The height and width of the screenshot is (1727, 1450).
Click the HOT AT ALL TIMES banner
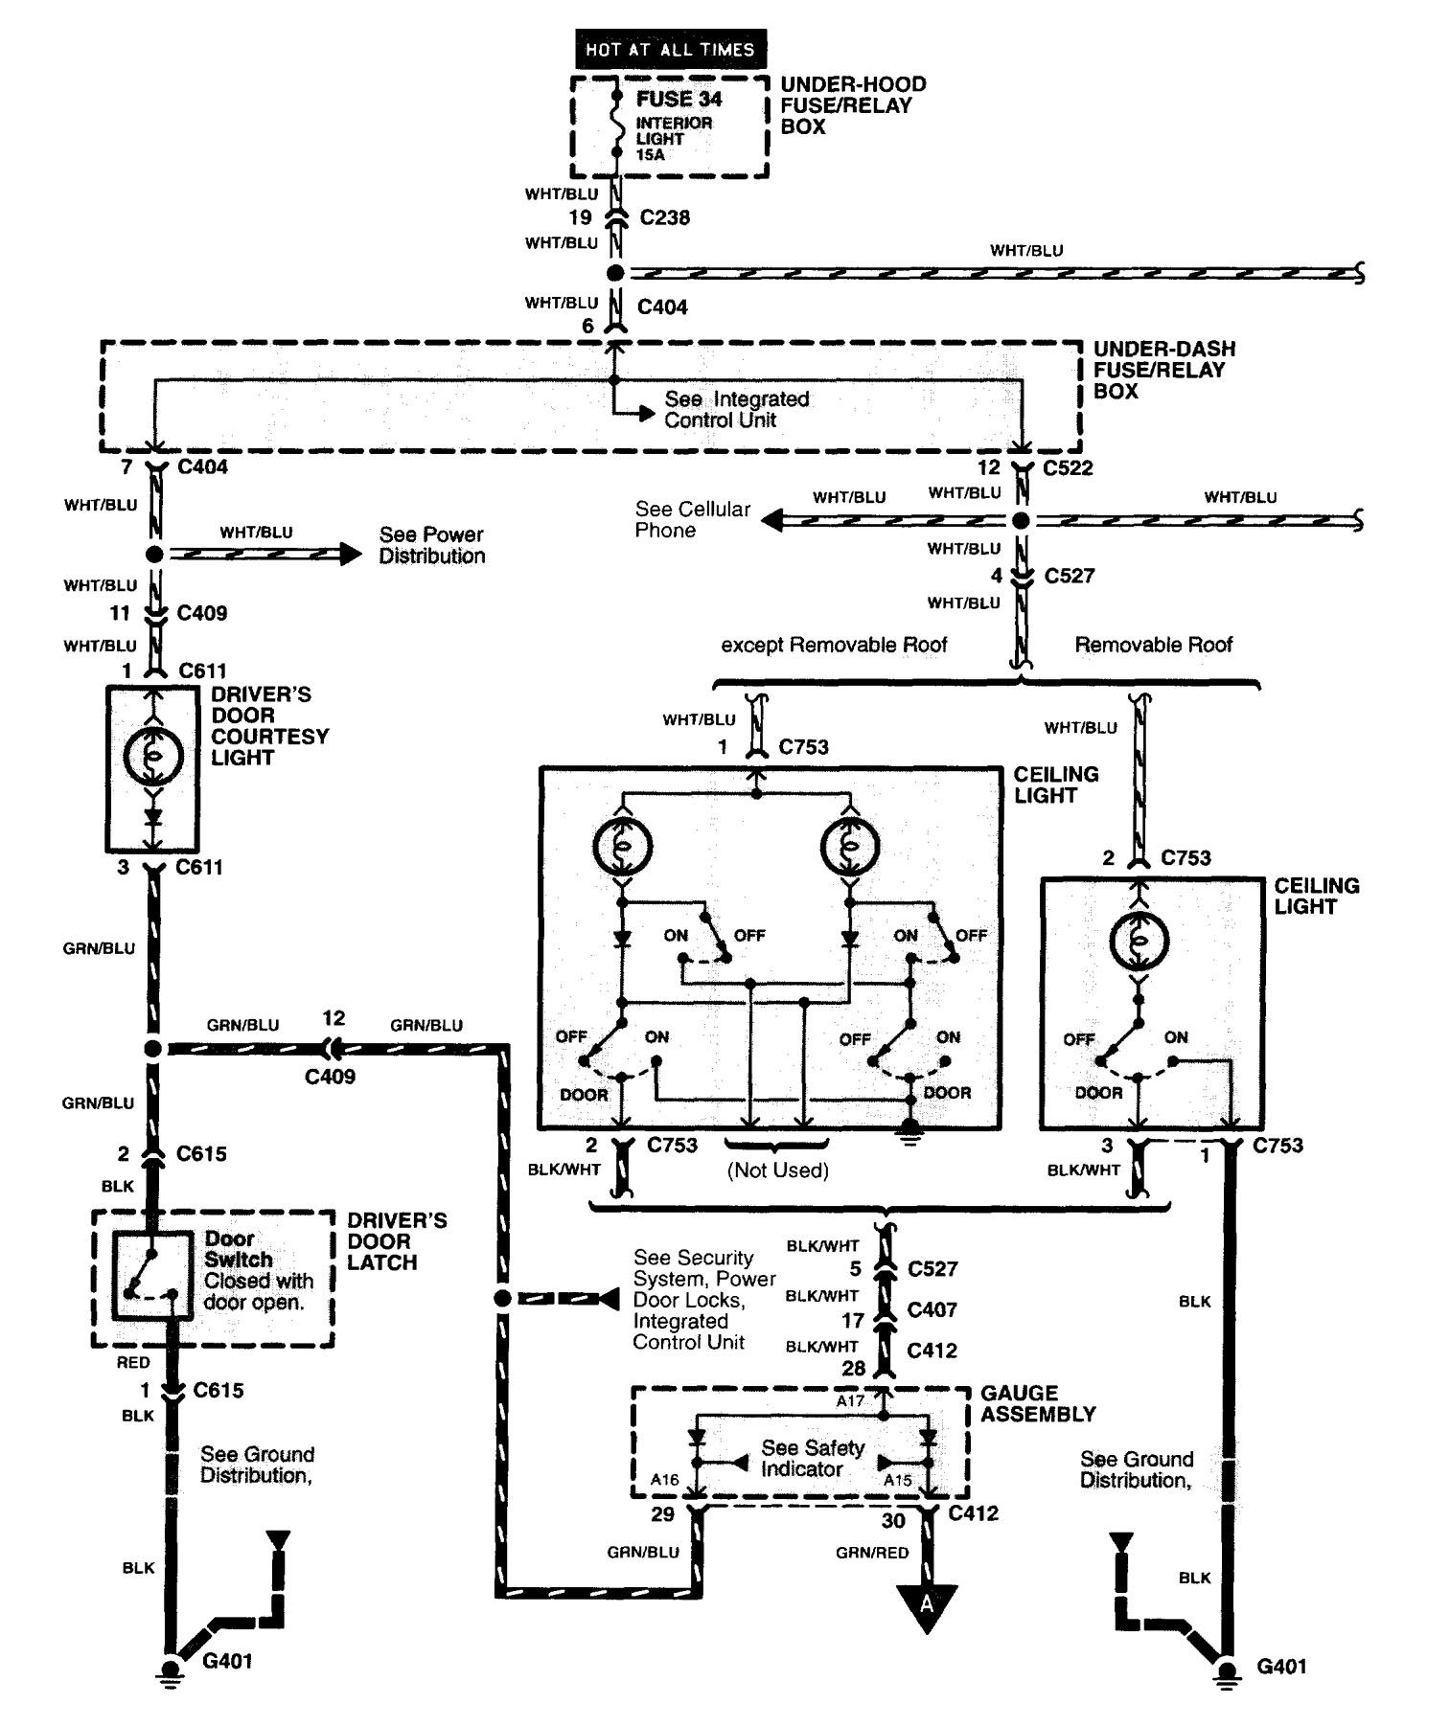(x=670, y=49)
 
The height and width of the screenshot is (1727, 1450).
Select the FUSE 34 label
(x=679, y=99)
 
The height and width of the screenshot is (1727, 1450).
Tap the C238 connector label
(x=664, y=217)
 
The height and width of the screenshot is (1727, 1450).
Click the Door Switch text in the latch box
(x=238, y=1249)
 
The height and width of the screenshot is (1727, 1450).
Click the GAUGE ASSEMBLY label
(x=1037, y=1403)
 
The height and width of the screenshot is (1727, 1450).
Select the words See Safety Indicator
(x=812, y=1458)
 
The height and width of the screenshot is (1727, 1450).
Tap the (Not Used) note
(x=777, y=1170)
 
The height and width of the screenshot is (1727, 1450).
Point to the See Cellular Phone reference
(x=692, y=519)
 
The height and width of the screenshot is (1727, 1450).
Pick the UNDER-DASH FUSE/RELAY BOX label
(x=1163, y=370)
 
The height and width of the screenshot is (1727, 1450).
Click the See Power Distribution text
(x=431, y=545)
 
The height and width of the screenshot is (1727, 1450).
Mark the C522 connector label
(x=1068, y=467)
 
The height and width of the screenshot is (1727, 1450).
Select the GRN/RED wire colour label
(x=871, y=1553)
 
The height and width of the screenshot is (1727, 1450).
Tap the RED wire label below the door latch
(x=133, y=1362)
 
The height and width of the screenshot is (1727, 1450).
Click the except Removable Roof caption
(x=834, y=645)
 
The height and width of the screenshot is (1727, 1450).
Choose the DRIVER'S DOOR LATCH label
(x=396, y=1241)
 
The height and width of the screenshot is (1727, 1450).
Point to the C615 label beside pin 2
(x=201, y=1153)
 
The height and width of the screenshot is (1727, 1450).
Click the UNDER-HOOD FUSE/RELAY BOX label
(x=852, y=105)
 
